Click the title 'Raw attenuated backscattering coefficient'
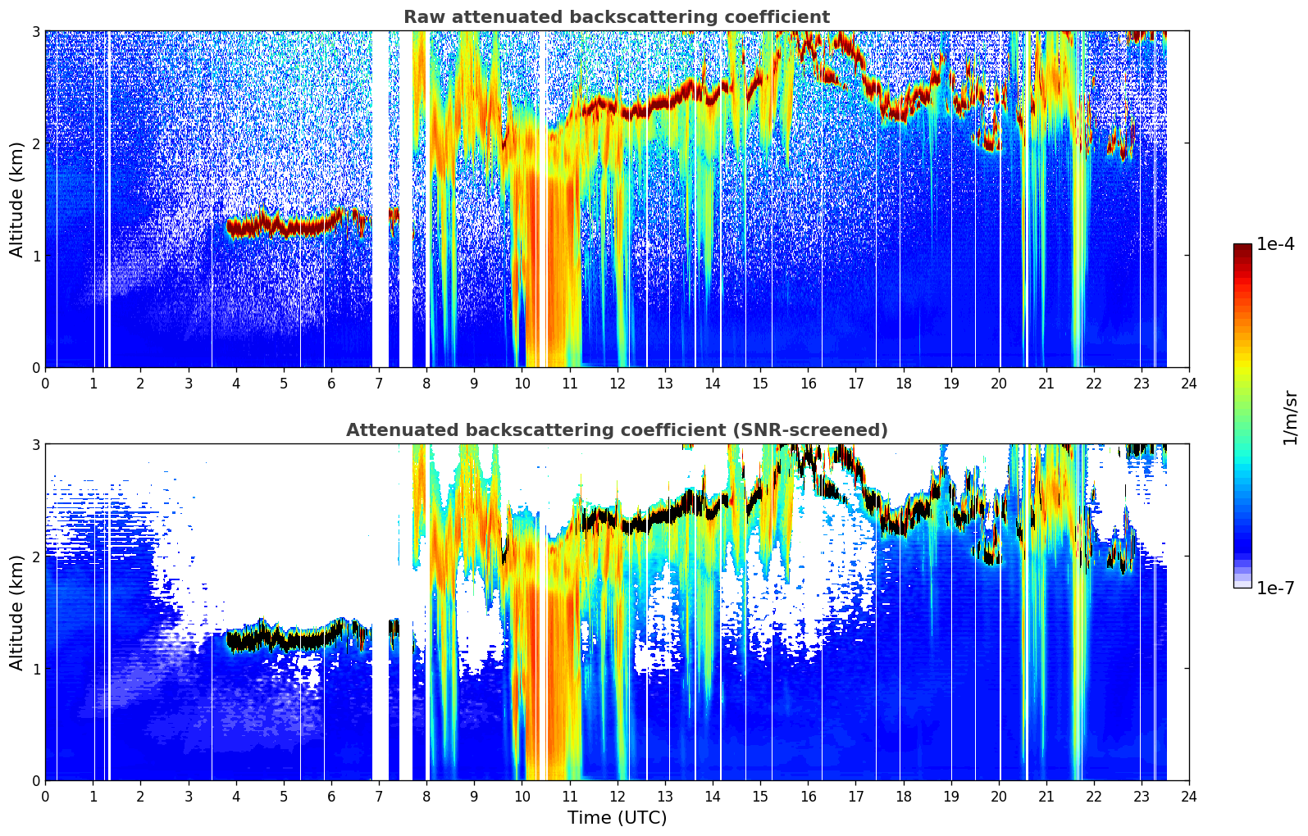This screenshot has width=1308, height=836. point(617,17)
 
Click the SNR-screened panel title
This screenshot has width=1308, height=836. point(617,430)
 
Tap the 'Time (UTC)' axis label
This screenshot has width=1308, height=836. point(617,818)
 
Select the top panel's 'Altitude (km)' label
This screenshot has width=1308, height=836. point(16,200)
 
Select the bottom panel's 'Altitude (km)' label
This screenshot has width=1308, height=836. point(16,612)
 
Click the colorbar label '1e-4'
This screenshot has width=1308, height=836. point(1275,244)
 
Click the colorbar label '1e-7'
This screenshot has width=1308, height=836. point(1275,588)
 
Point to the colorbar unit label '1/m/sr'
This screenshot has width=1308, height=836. point(1290,418)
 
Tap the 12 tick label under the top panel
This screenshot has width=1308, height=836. point(618,384)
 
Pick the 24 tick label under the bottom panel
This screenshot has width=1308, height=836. point(1189,797)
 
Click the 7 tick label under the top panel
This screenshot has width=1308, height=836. point(379,384)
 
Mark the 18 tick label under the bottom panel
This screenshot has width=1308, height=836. point(904,797)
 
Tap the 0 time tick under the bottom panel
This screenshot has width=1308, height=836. point(46,797)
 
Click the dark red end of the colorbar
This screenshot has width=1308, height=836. point(1242,247)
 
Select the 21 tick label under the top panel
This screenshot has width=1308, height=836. point(1046,384)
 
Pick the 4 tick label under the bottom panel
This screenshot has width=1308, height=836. point(236,797)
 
